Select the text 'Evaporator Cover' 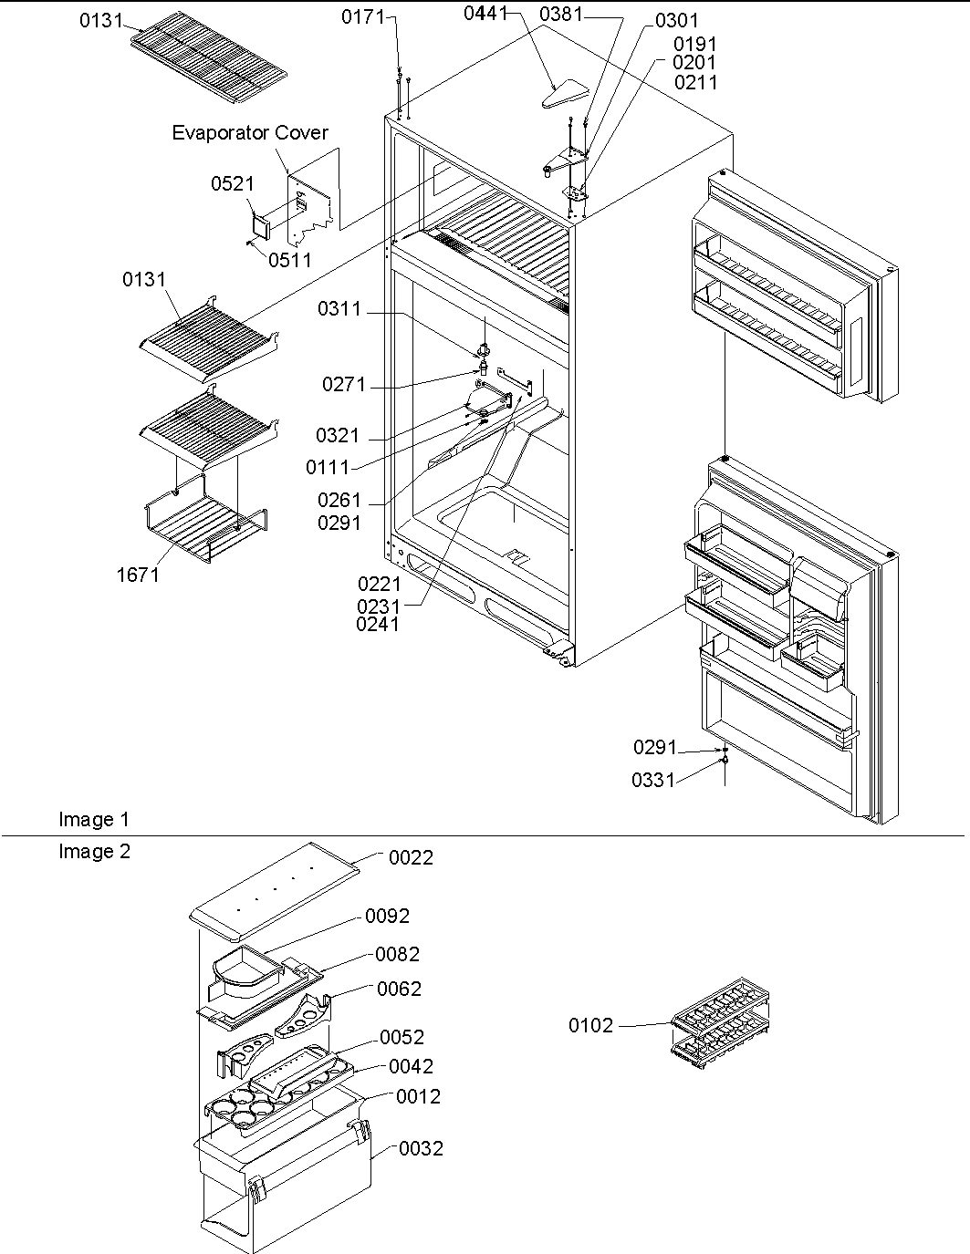(250, 133)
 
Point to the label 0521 (233, 184)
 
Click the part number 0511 (289, 260)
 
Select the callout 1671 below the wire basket (138, 575)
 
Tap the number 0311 (339, 310)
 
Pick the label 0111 (328, 467)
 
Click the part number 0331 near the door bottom (653, 780)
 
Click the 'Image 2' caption (94, 852)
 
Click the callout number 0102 (591, 1026)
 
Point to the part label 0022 (411, 858)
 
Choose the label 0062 (399, 990)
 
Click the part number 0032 (421, 1149)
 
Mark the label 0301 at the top (676, 20)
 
